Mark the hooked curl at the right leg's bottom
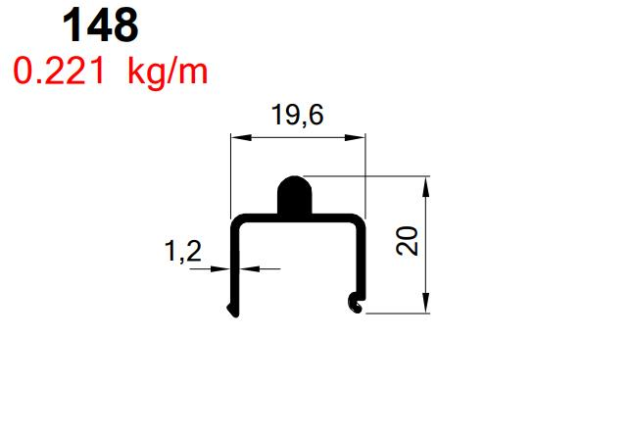click(x=357, y=305)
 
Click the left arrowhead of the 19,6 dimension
click(x=236, y=138)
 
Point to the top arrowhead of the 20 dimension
click(x=427, y=183)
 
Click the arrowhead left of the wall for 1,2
click(x=223, y=268)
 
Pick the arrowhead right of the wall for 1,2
click(x=244, y=268)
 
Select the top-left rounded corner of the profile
click(x=235, y=220)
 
